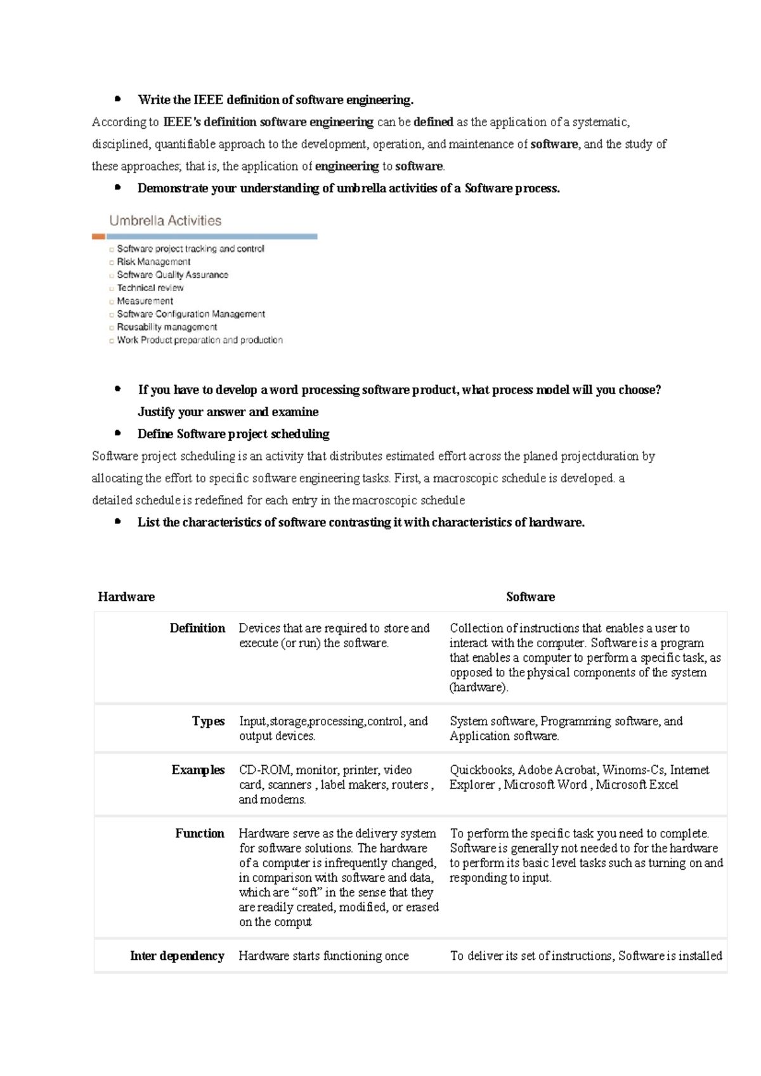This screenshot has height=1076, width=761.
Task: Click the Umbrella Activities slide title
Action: coord(165,221)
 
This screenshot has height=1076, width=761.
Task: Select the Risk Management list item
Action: coord(153,261)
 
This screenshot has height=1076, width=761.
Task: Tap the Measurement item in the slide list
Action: coord(145,301)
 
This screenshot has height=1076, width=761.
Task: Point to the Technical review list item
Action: coord(150,287)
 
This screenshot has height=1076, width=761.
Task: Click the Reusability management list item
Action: coord(167,327)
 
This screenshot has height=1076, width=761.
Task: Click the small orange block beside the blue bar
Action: coord(98,237)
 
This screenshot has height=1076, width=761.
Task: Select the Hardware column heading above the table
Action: coord(126,596)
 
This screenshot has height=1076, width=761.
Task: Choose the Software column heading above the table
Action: coord(530,596)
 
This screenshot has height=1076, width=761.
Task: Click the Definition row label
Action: coord(197,628)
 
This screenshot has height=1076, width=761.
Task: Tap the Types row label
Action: coord(208,721)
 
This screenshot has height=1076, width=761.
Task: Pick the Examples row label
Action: coord(198,770)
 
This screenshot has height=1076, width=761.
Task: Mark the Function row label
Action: coord(200,833)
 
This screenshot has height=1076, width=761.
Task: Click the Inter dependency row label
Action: coord(177,955)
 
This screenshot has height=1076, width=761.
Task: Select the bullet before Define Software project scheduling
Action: coord(118,433)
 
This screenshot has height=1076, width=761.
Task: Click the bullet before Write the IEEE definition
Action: coord(118,99)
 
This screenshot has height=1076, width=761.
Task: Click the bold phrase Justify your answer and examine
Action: coord(228,412)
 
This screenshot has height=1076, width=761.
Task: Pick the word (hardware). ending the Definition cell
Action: coord(479,687)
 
